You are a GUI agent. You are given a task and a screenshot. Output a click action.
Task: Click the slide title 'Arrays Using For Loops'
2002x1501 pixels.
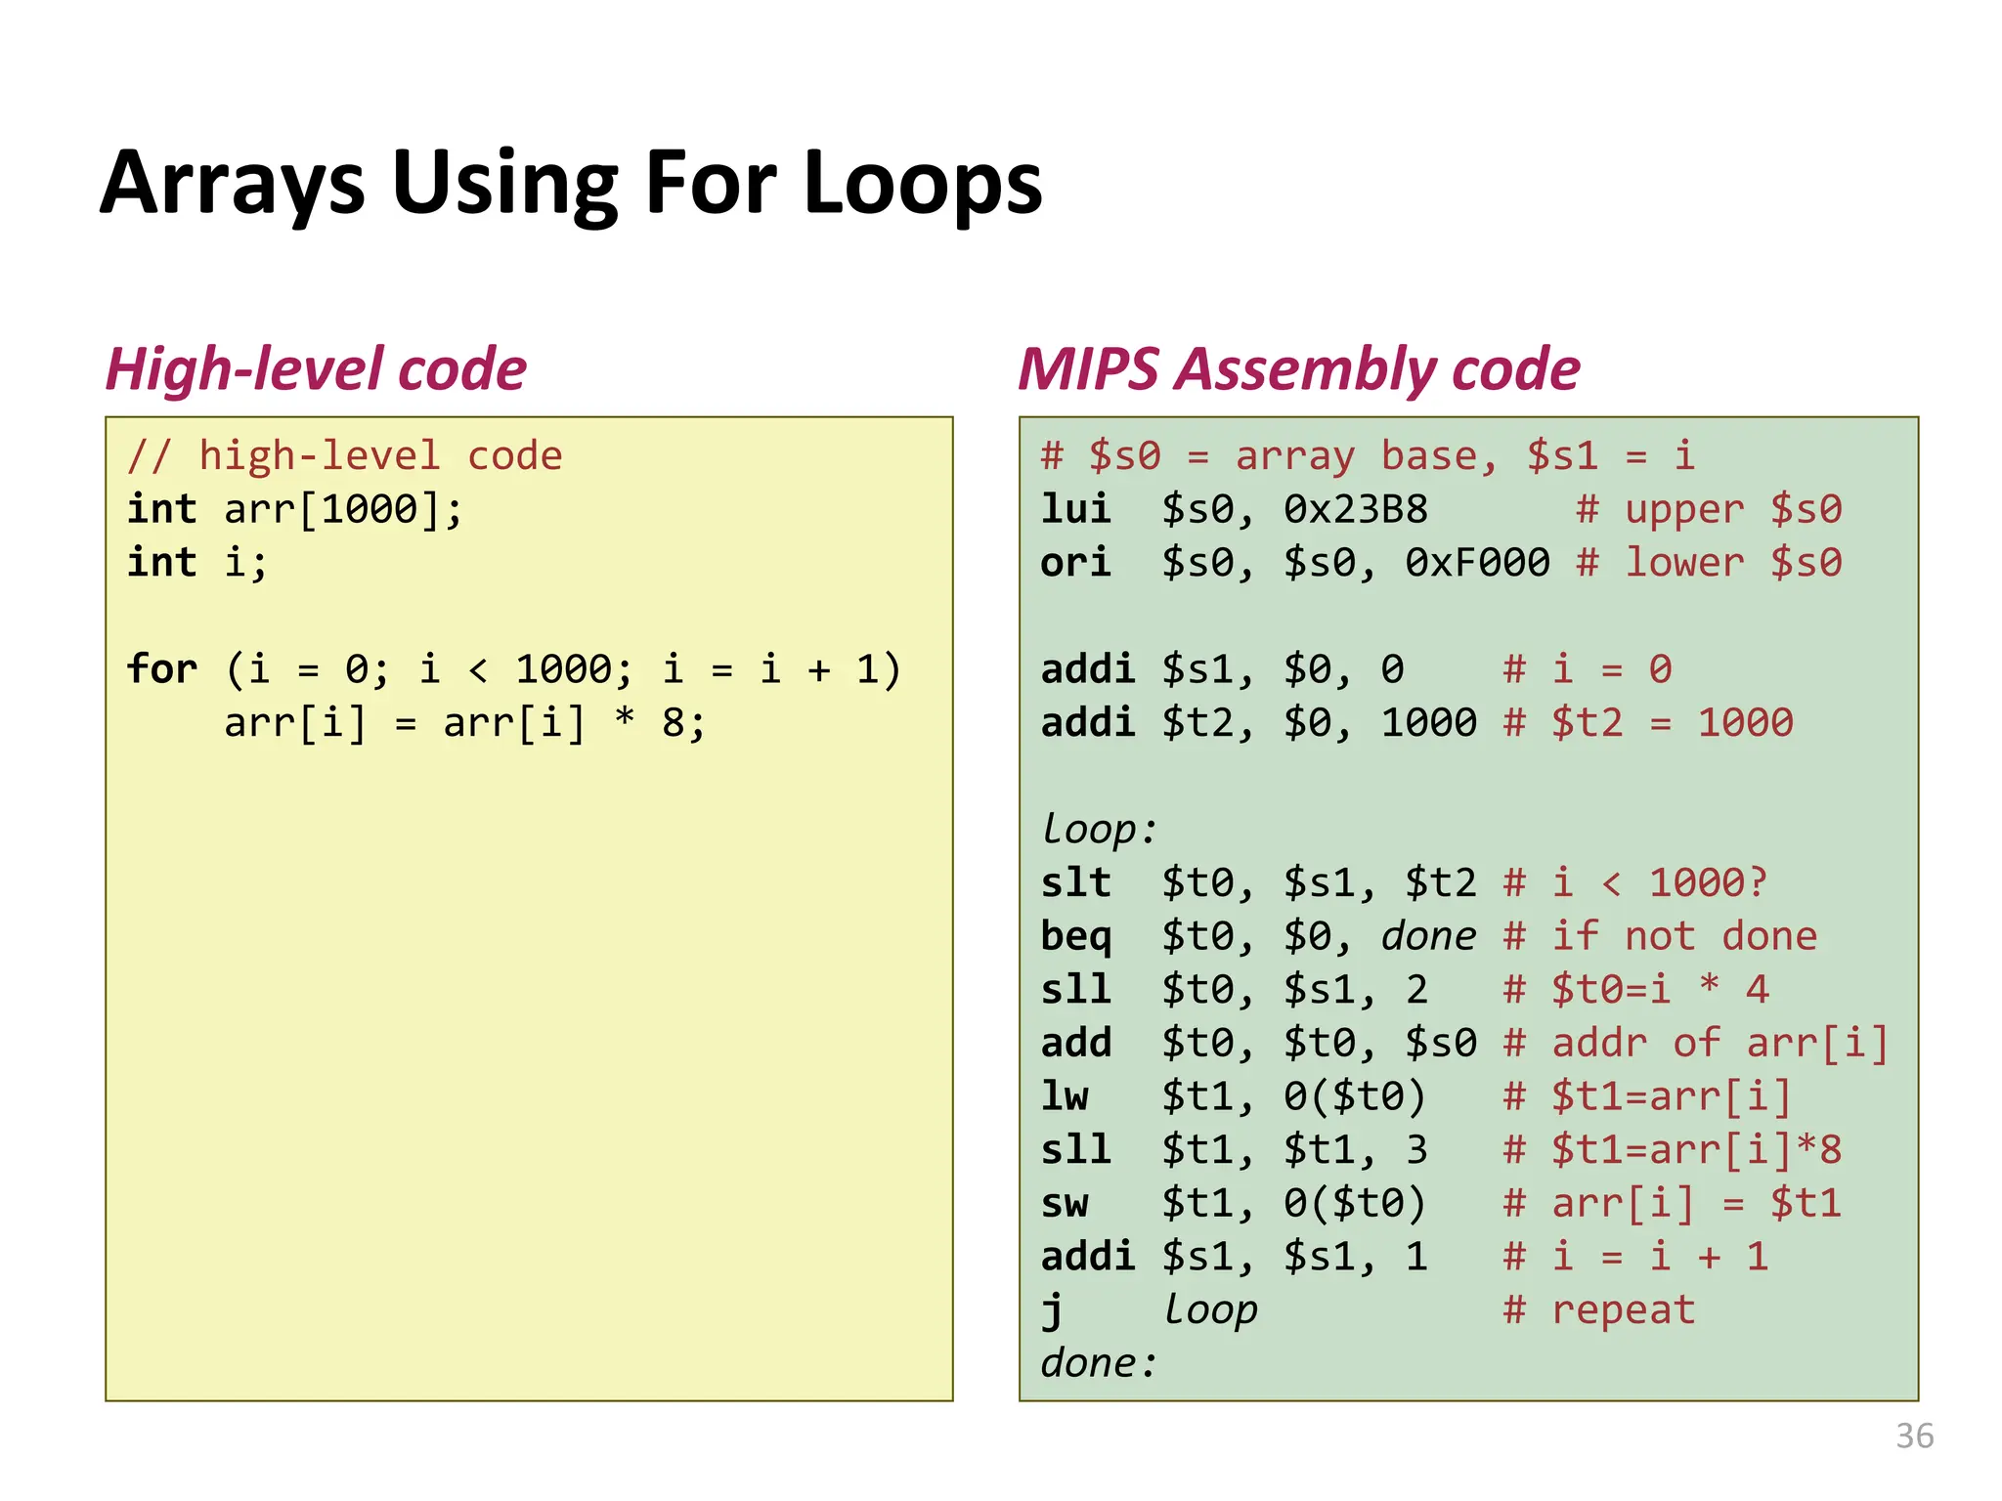pyautogui.click(x=572, y=184)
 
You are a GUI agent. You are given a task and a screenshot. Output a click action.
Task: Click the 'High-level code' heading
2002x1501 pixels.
pyautogui.click(x=316, y=369)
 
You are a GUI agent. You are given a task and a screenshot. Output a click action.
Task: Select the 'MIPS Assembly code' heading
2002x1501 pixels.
pyautogui.click(x=1298, y=369)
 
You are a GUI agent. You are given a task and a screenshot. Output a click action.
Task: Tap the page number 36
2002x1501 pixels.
pyautogui.click(x=1914, y=1436)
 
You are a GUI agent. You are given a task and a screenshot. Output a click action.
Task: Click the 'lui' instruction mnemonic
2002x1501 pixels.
pyautogui.click(x=1075, y=509)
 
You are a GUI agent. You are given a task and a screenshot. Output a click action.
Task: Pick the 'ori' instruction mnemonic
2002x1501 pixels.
pyautogui.click(x=1075, y=563)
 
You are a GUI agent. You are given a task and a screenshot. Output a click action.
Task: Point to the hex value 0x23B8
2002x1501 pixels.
pyautogui.click(x=1356, y=509)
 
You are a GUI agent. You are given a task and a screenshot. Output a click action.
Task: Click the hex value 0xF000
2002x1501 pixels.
pyautogui.click(x=1477, y=563)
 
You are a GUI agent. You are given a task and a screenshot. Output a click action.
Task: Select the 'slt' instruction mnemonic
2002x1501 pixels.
pyautogui.click(x=1075, y=882)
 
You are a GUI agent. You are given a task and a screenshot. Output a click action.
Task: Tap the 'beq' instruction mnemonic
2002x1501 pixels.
pyautogui.click(x=1075, y=936)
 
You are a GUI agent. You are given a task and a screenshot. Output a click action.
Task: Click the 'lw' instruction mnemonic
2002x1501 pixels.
pyautogui.click(x=1065, y=1096)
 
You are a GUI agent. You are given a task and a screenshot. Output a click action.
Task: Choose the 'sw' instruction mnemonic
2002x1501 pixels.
pyautogui.click(x=1065, y=1203)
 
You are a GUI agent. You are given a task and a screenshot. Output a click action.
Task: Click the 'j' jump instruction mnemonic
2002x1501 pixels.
pyautogui.click(x=1052, y=1310)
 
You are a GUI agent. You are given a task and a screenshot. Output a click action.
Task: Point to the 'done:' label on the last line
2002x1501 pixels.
pyautogui.click(x=1099, y=1363)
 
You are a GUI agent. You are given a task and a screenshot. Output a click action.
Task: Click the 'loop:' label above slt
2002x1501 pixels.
pyautogui.click(x=1099, y=830)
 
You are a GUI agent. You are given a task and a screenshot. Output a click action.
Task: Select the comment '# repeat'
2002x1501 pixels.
pyautogui.click(x=1599, y=1310)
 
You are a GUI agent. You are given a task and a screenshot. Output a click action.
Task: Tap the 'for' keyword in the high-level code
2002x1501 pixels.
pyautogui.click(x=162, y=669)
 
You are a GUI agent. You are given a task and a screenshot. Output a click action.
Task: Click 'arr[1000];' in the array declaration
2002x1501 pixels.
pyautogui.click(x=343, y=509)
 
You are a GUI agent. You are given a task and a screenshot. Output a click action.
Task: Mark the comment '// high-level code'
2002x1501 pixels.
pyautogui.click(x=345, y=456)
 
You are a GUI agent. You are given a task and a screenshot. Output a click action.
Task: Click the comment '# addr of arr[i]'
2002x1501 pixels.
pyautogui.click(x=1696, y=1043)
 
